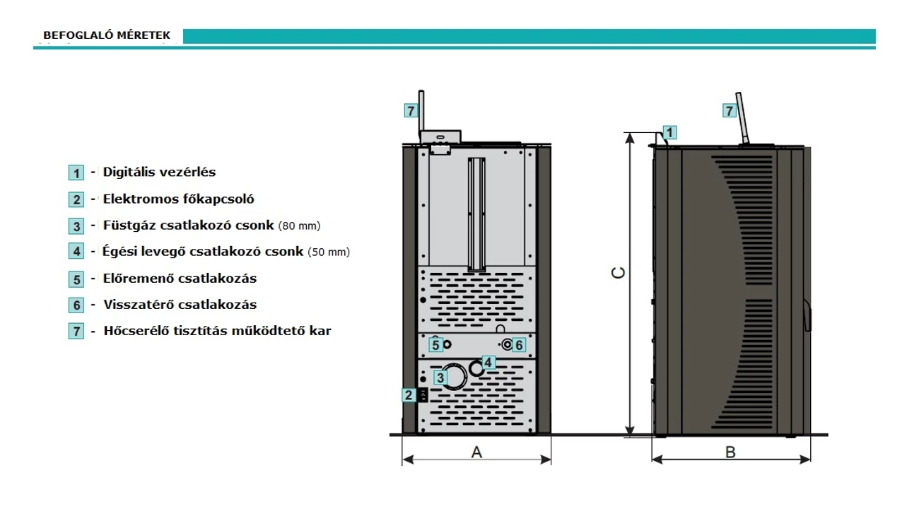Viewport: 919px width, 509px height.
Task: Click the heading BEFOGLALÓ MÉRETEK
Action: (x=107, y=35)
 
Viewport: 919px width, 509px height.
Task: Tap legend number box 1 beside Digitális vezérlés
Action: (x=76, y=172)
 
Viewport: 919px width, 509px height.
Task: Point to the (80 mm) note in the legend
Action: (x=299, y=226)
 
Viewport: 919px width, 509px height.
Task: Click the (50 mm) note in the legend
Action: (x=329, y=252)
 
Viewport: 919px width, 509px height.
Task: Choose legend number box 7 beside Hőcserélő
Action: (x=76, y=331)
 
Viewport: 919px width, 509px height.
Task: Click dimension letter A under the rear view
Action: (x=476, y=452)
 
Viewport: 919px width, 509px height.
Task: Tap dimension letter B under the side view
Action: (x=730, y=452)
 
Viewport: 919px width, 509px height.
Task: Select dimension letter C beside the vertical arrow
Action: (x=619, y=273)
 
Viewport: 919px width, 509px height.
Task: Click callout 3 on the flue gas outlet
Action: (x=440, y=378)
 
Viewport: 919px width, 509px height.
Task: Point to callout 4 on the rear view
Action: (x=488, y=363)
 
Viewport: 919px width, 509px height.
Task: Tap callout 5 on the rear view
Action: (x=435, y=345)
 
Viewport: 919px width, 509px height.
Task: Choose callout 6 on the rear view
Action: (x=519, y=345)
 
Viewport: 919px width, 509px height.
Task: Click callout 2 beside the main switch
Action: (x=409, y=395)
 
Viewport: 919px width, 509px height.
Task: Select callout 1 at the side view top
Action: (x=669, y=132)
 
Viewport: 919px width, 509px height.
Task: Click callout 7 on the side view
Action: (x=729, y=111)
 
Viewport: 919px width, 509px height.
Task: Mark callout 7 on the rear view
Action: (x=411, y=111)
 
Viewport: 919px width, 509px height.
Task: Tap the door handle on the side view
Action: (x=807, y=315)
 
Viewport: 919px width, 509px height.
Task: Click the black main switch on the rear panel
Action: (x=423, y=395)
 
